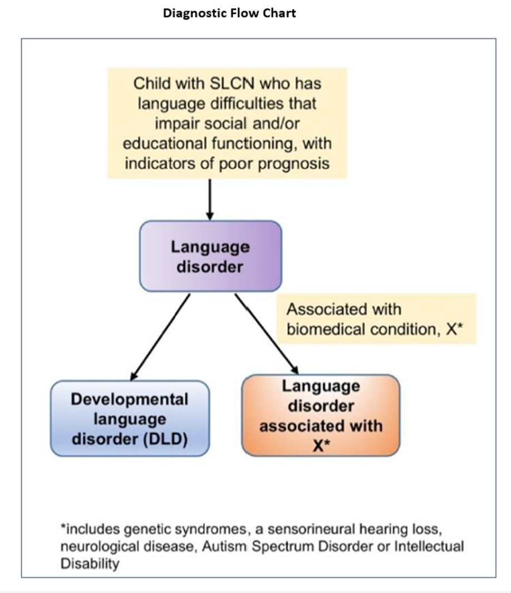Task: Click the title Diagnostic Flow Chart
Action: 229,13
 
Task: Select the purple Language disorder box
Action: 210,256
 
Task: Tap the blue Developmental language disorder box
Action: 130,418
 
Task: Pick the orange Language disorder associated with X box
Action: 320,415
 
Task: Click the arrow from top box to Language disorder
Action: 210,199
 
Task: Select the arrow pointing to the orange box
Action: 267,335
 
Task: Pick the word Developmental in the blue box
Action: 130,399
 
